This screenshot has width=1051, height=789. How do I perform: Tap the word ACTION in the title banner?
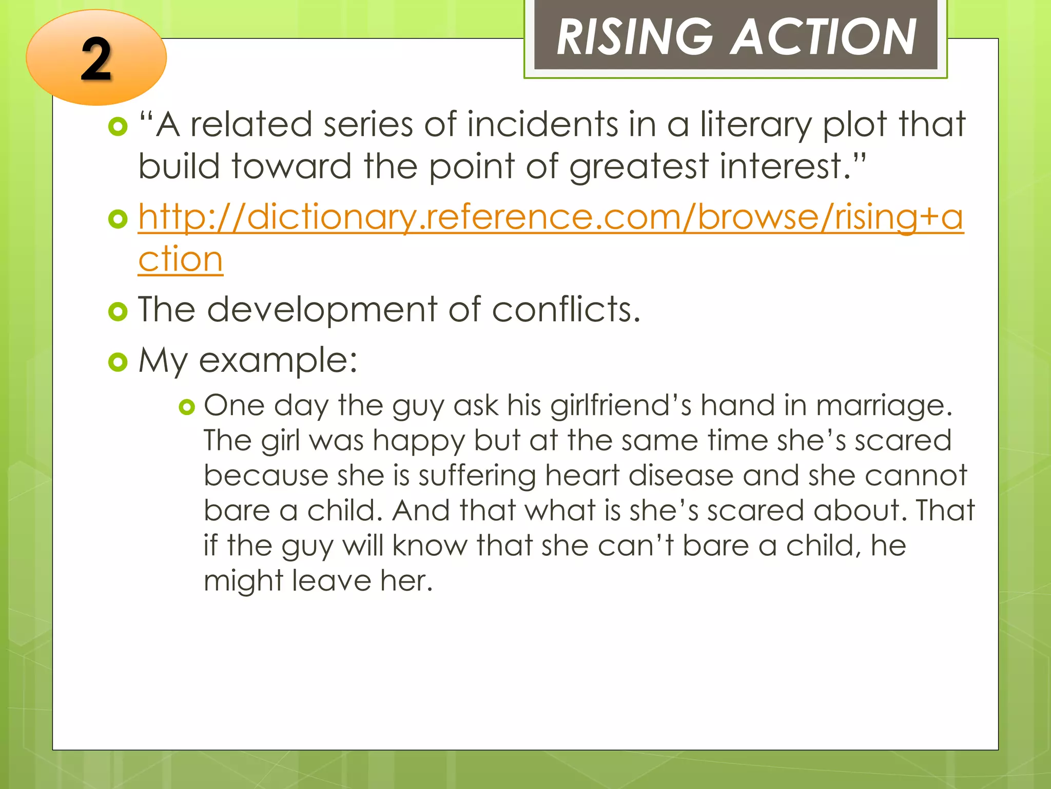pyautogui.click(x=823, y=37)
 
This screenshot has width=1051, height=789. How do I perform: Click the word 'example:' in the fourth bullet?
pyautogui.click(x=278, y=361)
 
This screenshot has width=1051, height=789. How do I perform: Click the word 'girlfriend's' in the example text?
pyautogui.click(x=620, y=406)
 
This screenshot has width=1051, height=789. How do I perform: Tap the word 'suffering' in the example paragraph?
pyautogui.click(x=477, y=476)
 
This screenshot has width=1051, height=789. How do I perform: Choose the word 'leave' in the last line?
pyautogui.click(x=331, y=580)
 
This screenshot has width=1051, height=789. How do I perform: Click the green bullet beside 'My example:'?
pyautogui.click(x=118, y=362)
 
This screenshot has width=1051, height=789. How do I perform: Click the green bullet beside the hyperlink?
pyautogui.click(x=118, y=219)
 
